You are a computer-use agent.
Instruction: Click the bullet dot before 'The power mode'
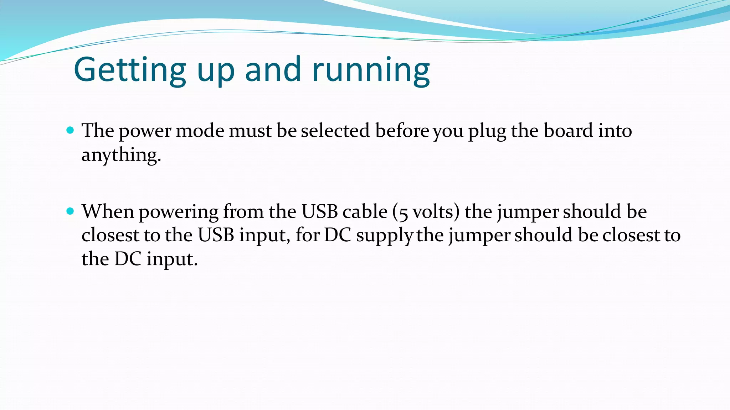(x=70, y=130)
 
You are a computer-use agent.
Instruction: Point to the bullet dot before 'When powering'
(x=70, y=211)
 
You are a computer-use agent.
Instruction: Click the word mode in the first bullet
(x=200, y=131)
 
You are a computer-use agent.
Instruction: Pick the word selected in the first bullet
(x=335, y=131)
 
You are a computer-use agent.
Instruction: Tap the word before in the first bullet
(x=402, y=131)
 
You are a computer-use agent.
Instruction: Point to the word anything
(x=121, y=155)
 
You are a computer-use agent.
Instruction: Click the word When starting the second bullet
(x=108, y=211)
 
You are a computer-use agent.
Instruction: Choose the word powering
(x=179, y=212)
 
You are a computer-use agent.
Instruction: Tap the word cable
(x=365, y=211)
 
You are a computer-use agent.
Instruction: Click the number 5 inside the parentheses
(x=403, y=213)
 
